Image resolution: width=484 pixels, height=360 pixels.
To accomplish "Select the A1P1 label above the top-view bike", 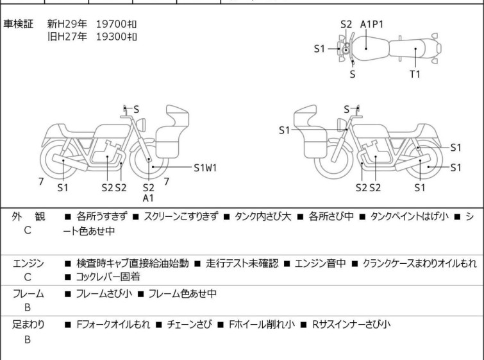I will click(x=371, y=24).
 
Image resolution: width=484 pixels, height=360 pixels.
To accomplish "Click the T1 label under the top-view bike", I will click(x=415, y=74).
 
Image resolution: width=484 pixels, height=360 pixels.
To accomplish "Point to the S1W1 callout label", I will click(x=205, y=168).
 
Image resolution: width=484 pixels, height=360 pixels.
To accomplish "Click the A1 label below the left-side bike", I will click(x=149, y=198).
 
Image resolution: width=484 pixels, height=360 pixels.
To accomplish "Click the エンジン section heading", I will click(x=28, y=263).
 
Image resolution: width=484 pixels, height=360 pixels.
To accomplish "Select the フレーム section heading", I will click(x=28, y=294).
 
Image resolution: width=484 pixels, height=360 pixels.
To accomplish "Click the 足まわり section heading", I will click(x=28, y=325).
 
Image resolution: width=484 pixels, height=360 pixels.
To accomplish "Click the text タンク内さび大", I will click(x=263, y=217).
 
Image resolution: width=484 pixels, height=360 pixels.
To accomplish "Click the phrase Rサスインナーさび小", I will click(x=351, y=325).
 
